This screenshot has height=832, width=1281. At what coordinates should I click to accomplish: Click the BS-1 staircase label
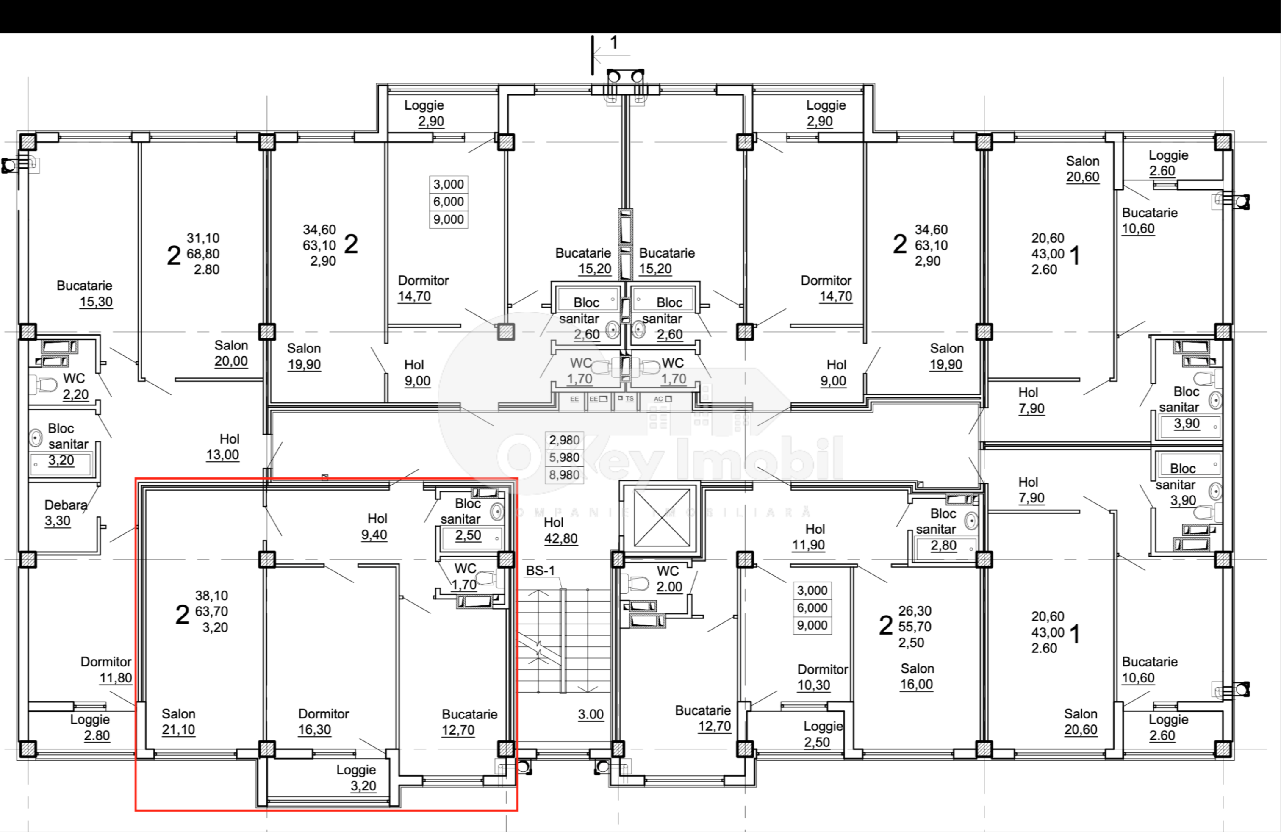coord(540,571)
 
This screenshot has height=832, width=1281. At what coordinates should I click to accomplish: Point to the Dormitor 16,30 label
coord(324,722)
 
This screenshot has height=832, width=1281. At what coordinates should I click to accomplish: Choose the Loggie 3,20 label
coord(356,778)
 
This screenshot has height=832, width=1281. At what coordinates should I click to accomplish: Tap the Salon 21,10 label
coord(179,722)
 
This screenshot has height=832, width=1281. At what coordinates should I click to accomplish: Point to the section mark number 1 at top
coord(613,42)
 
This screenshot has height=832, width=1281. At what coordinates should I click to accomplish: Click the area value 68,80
coord(203,253)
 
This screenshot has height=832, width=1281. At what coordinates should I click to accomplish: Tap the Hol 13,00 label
coord(223,447)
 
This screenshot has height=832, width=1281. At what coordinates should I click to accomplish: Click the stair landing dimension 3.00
coord(591,714)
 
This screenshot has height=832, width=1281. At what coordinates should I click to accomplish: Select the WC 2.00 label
coord(668,579)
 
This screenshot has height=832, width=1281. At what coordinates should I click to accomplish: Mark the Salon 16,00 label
coord(917,677)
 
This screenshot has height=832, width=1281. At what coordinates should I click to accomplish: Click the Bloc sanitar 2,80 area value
coord(943,545)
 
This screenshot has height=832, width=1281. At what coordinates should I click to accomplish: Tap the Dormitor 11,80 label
coord(106,669)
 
